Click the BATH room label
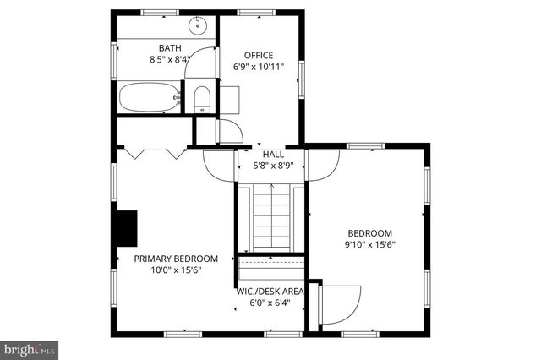click(x=170, y=48)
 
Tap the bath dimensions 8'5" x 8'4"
click(x=170, y=59)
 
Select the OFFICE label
click(x=259, y=55)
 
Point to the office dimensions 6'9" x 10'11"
click(x=259, y=66)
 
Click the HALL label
click(x=273, y=155)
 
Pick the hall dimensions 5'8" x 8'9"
click(x=273, y=166)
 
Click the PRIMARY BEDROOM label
click(x=176, y=259)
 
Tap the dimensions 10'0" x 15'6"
click(x=176, y=270)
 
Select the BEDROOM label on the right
click(x=370, y=233)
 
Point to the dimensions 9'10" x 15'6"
click(x=370, y=245)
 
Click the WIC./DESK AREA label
click(x=271, y=291)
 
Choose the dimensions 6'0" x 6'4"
click(x=271, y=303)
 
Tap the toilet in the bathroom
click(x=201, y=100)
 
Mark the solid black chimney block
click(x=126, y=226)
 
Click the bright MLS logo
click(x=30, y=347)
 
